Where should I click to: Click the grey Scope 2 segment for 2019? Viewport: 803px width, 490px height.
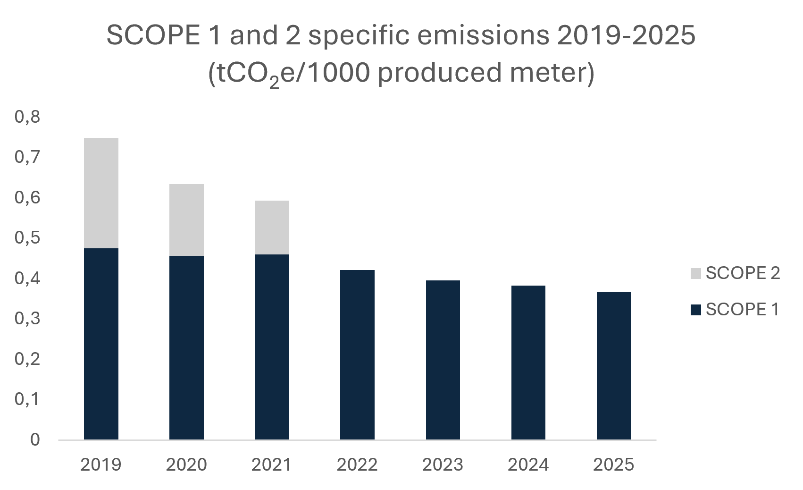click(x=101, y=193)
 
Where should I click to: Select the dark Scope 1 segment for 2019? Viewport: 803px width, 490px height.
click(x=101, y=344)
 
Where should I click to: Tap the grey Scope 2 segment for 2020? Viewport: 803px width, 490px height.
click(x=186, y=220)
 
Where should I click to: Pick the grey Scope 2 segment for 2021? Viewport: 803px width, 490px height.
click(x=272, y=228)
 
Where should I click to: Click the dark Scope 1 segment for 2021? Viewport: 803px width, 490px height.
click(x=272, y=347)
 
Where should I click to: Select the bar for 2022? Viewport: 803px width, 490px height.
click(x=358, y=355)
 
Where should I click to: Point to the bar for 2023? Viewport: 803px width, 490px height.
click(x=443, y=360)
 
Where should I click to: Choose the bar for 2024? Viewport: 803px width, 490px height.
click(x=528, y=363)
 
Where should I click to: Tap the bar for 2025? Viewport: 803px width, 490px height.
click(x=614, y=366)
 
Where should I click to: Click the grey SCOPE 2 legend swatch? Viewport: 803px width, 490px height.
click(x=696, y=273)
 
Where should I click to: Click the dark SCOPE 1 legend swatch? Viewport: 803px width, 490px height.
click(x=696, y=310)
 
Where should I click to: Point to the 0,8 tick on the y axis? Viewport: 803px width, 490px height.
click(x=27, y=117)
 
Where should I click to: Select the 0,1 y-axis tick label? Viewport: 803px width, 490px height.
click(x=26, y=399)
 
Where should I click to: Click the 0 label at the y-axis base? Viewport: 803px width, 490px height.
click(x=35, y=439)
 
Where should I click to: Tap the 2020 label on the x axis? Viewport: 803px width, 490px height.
click(x=186, y=465)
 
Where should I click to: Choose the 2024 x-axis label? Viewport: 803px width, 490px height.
click(x=528, y=465)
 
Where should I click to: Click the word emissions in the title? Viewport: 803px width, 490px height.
click(x=483, y=35)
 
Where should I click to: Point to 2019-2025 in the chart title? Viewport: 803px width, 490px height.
click(x=626, y=35)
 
